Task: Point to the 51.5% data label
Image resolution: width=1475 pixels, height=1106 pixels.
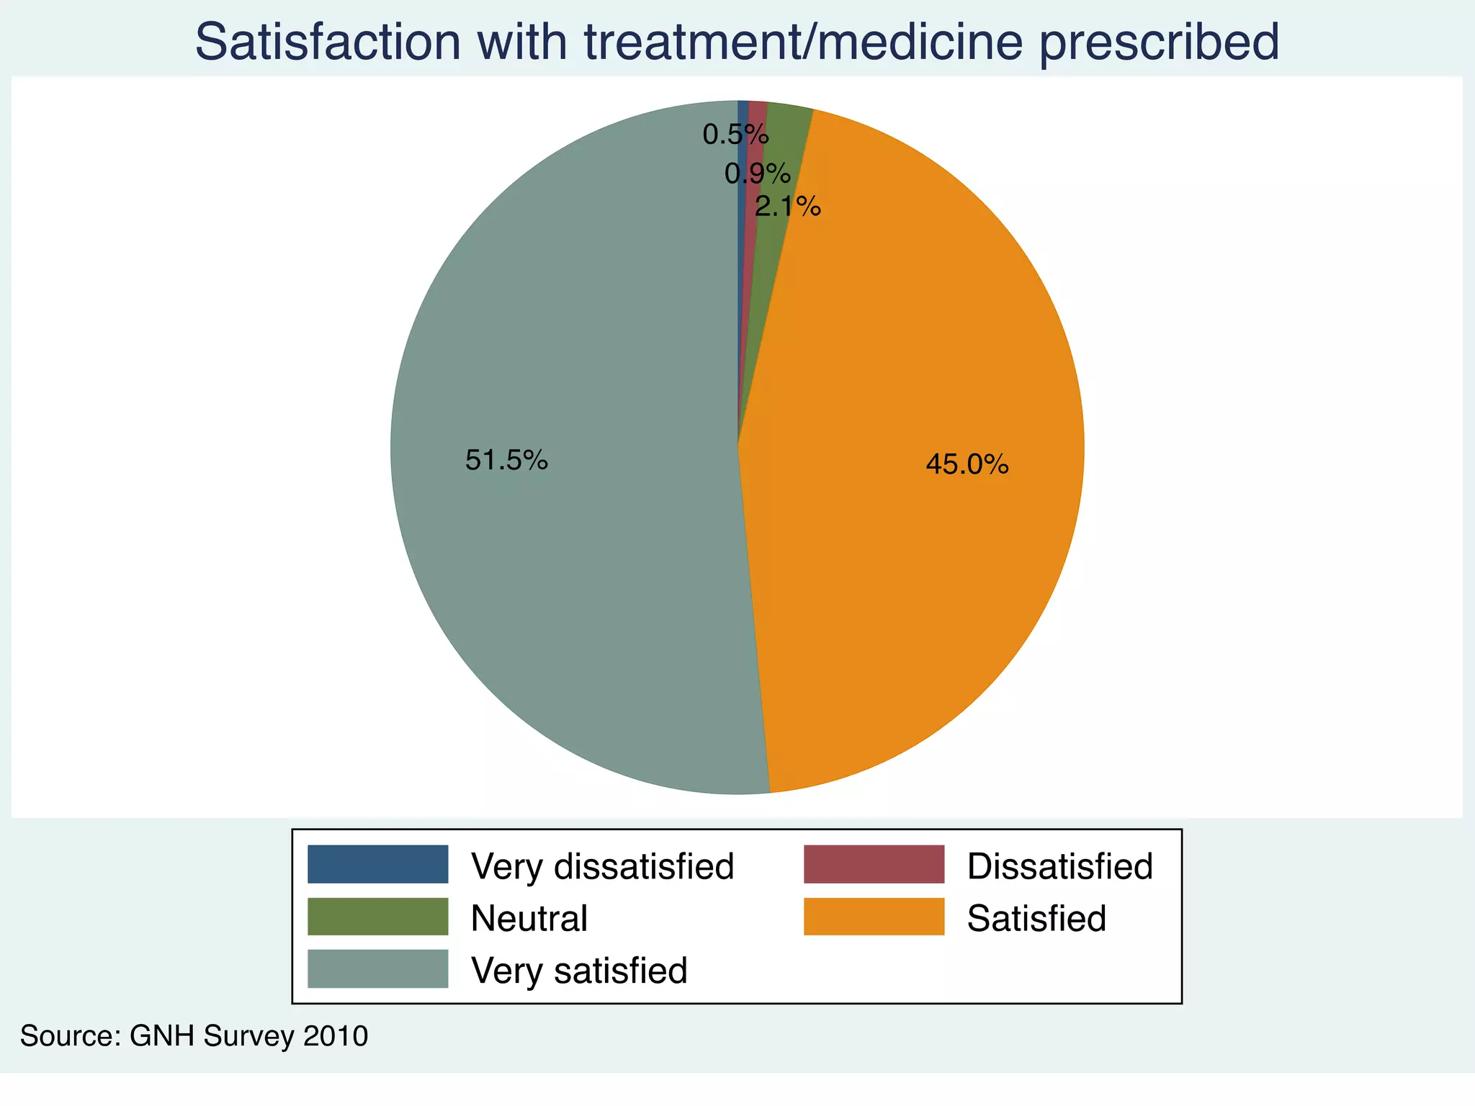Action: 506,460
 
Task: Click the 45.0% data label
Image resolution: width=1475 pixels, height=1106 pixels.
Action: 967,464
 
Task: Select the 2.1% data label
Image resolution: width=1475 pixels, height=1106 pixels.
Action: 787,207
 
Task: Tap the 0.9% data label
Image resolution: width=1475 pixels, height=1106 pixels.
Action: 757,174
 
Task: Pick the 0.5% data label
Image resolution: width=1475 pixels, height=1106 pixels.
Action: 735,135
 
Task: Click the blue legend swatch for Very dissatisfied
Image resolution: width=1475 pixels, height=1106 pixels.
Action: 377,864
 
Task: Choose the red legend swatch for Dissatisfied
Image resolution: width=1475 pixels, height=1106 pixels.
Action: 874,864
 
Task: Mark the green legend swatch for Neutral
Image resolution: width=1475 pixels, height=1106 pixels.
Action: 377,917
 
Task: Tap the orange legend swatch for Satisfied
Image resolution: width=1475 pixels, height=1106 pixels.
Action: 874,917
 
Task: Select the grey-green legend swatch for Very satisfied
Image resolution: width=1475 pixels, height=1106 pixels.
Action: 377,969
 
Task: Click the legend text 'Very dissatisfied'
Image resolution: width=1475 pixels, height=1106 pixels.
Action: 602,866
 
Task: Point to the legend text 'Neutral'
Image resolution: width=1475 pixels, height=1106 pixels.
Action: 529,919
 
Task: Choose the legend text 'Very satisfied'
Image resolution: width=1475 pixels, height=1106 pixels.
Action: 579,971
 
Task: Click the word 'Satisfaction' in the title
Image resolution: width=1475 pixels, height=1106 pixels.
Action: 327,42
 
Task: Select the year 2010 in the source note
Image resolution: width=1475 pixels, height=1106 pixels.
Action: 336,1036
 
